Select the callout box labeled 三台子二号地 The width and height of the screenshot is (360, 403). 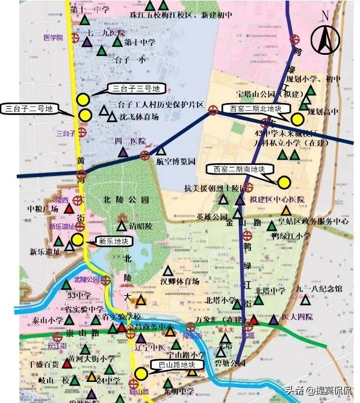[x=29, y=109]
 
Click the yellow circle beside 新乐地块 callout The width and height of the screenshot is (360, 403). [x=78, y=240]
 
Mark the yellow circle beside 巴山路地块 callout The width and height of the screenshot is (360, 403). [x=141, y=373]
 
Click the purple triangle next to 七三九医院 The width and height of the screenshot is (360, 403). [x=87, y=43]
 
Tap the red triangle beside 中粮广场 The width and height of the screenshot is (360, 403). [x=69, y=209]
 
